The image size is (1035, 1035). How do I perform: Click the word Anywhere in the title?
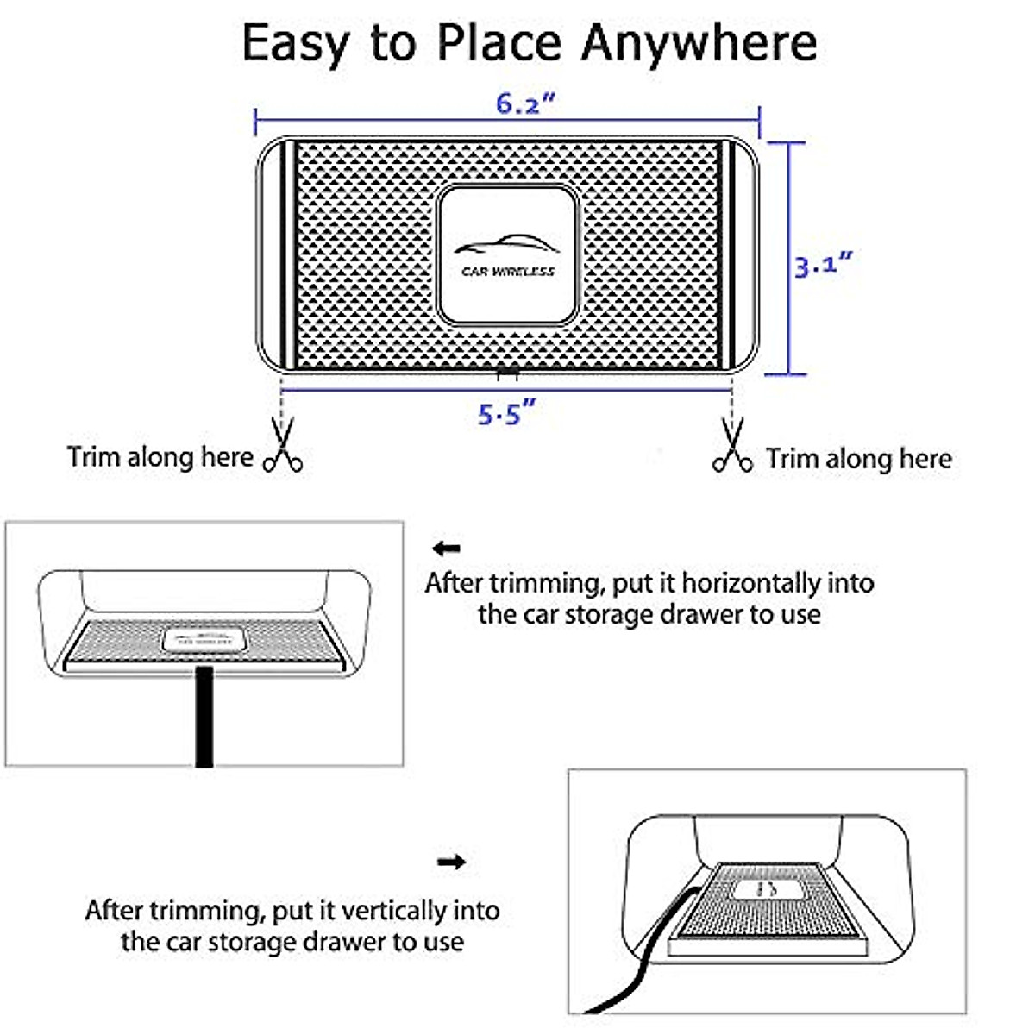699,43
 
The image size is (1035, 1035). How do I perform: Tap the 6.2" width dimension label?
524,103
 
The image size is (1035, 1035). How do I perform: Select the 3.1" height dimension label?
823,263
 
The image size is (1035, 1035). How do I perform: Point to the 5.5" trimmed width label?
506,414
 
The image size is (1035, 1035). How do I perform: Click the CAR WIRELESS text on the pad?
508,272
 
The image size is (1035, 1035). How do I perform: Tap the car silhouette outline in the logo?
506,244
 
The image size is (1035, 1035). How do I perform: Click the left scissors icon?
283,446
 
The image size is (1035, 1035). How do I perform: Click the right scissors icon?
732,446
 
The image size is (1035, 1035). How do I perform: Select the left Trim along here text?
160,457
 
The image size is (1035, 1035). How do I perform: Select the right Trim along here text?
859,459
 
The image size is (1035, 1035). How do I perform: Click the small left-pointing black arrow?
447,549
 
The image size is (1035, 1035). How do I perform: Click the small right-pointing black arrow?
451,861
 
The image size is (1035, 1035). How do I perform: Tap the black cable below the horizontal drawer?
204,716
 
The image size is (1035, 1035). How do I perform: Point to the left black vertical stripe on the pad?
290,254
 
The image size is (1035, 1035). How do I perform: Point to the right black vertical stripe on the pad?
726,254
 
